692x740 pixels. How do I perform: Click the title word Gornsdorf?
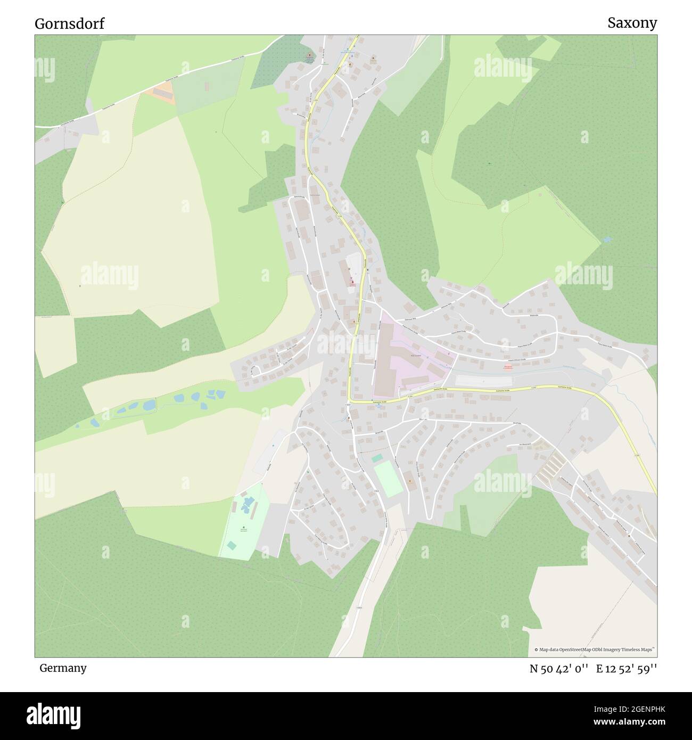70,23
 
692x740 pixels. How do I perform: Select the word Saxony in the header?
632,23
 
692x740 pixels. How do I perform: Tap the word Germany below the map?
63,668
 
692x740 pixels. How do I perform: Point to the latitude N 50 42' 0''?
558,669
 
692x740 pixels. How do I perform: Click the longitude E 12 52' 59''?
627,669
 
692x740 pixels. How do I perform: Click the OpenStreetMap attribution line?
595,649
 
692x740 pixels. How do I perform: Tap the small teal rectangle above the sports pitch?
377,458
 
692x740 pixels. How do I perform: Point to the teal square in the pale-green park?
232,545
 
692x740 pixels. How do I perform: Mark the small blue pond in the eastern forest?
607,240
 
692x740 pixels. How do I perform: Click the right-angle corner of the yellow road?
350,401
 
